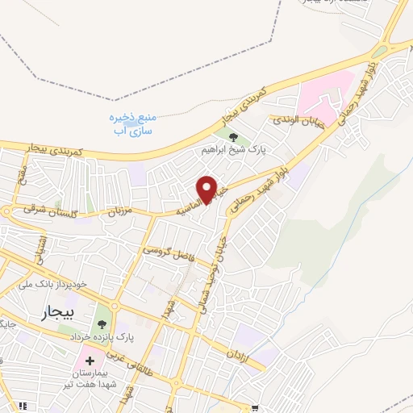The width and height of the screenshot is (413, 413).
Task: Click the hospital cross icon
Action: click(90, 360)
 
